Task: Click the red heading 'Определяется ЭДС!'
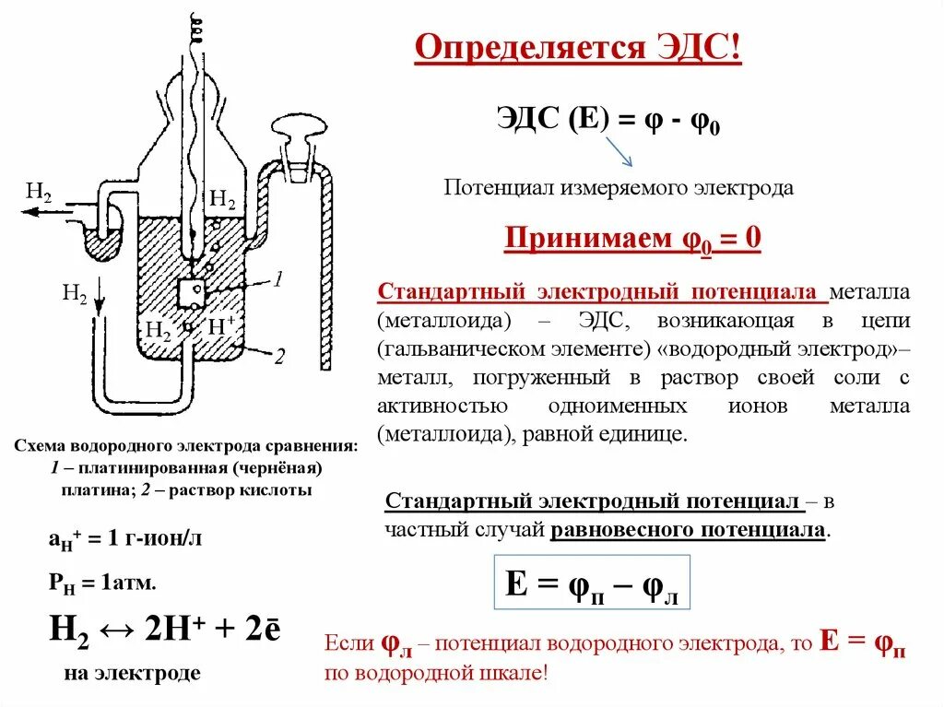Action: (577, 48)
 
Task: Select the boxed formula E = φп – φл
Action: (592, 583)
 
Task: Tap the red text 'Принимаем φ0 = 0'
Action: (632, 240)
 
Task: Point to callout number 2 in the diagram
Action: (278, 355)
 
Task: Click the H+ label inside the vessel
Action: (221, 325)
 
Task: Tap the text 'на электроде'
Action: (133, 674)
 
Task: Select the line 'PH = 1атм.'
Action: (102, 583)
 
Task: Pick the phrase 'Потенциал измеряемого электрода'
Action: (619, 188)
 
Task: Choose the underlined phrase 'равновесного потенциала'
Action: (689, 531)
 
